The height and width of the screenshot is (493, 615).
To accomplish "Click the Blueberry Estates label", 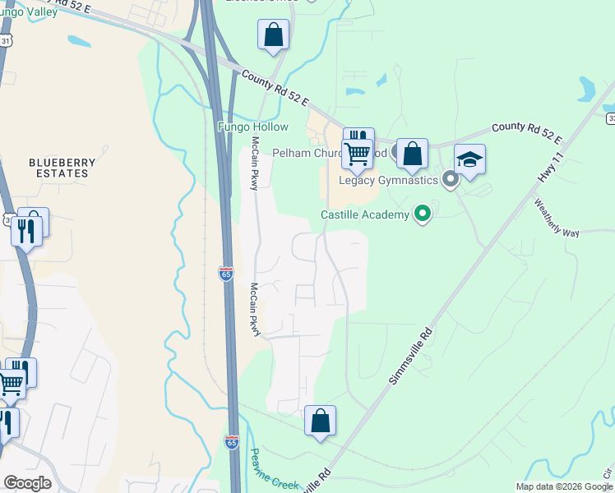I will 58,168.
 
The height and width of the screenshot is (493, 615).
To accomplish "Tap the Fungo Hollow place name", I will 252,127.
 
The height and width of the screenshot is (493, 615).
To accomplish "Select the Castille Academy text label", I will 364,215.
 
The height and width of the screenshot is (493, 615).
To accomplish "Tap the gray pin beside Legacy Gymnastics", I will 450,178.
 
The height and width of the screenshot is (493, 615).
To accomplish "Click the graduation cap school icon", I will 469,160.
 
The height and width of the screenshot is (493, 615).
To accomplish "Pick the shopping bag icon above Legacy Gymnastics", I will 412,154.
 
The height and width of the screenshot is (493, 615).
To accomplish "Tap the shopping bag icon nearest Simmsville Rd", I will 320,421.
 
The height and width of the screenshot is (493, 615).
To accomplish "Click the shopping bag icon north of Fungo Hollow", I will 273,35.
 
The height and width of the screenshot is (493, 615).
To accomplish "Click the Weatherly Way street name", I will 557,217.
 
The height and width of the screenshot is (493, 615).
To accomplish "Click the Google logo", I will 27,484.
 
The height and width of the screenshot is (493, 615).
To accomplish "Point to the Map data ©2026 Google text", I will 564,486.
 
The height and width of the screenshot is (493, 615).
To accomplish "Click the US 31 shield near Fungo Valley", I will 6,40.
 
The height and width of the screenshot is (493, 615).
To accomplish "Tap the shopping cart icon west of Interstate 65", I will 11,382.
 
